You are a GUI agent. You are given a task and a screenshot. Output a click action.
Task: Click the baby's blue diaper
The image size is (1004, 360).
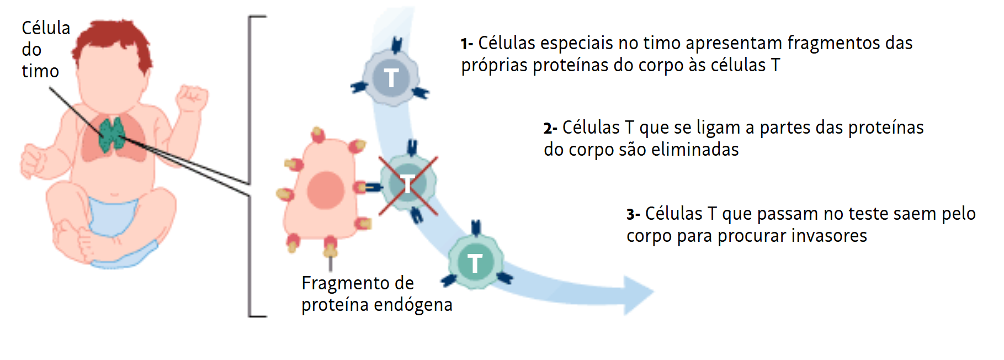tap(113, 216)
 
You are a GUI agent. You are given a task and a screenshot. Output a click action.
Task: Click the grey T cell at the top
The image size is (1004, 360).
tap(391, 77)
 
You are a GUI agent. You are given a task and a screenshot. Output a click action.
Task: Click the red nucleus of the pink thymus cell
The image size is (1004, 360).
tap(326, 190)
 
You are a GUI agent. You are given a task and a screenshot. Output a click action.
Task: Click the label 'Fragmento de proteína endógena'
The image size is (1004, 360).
tap(376, 294)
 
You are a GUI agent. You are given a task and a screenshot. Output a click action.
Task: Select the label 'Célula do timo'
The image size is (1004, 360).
tap(45, 49)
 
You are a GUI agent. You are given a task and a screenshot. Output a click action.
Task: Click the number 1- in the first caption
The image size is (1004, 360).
tap(467, 44)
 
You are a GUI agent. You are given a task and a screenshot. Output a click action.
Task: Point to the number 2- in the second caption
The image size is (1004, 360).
tap(550, 129)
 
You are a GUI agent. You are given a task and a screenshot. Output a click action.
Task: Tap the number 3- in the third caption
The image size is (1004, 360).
tap(633, 214)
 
